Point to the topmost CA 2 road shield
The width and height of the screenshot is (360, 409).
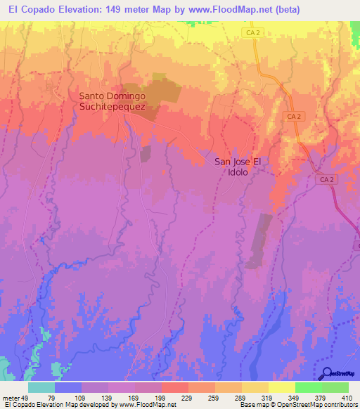pos(254,33)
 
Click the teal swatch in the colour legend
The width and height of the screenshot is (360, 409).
pos(41,387)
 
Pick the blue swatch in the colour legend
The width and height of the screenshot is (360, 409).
pos(68,387)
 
